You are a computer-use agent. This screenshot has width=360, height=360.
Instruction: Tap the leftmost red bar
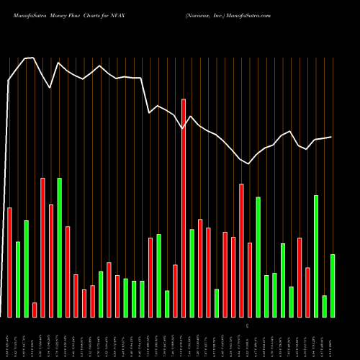point(9,262)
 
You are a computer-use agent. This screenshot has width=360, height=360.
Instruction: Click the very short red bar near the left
point(35,310)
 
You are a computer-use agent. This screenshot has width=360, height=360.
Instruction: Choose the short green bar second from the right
point(324,306)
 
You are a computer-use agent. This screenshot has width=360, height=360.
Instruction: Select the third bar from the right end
point(316,256)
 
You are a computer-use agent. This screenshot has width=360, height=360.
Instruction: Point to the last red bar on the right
point(307,292)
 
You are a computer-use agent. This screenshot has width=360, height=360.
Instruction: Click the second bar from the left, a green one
point(18,279)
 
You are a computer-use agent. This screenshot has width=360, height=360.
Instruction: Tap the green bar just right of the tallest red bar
point(192,273)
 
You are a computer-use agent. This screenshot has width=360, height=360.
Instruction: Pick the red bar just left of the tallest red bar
point(175,291)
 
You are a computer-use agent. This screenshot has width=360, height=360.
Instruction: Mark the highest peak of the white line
point(30,58)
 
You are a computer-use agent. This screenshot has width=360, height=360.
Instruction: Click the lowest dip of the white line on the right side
point(248,164)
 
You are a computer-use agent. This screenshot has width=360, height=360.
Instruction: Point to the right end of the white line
point(332,137)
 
